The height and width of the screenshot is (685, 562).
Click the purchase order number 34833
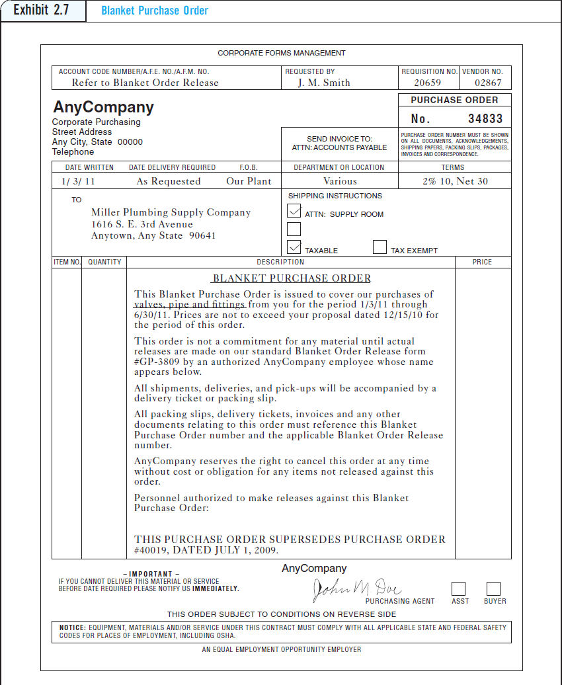pyautogui.click(x=485, y=119)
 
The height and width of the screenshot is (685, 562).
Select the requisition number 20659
pyautogui.click(x=427, y=83)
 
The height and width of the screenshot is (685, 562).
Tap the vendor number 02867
pyautogui.click(x=488, y=83)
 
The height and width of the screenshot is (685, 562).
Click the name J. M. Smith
pyautogui.click(x=324, y=83)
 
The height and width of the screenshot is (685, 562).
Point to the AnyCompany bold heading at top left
pyautogui.click(x=103, y=107)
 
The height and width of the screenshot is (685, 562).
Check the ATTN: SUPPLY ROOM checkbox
pyautogui.click(x=294, y=211)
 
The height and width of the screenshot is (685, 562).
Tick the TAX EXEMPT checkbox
pyautogui.click(x=380, y=247)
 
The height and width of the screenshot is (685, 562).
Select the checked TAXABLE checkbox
pyautogui.click(x=294, y=247)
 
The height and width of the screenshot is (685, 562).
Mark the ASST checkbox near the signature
pyautogui.click(x=458, y=588)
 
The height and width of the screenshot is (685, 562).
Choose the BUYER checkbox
pyautogui.click(x=493, y=588)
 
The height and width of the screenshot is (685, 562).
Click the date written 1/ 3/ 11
pyautogui.click(x=77, y=181)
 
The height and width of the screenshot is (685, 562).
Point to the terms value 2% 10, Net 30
pyautogui.click(x=455, y=181)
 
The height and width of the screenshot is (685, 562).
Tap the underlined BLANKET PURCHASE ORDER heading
pyautogui.click(x=292, y=278)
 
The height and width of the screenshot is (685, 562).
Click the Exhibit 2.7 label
pyautogui.click(x=42, y=11)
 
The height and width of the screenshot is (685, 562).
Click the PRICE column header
pyautogui.click(x=482, y=262)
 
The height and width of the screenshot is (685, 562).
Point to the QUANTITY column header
pyautogui.click(x=104, y=262)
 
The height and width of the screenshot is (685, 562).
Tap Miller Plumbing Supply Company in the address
pyautogui.click(x=171, y=212)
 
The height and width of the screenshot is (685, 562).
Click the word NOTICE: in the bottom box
pyautogui.click(x=72, y=627)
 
